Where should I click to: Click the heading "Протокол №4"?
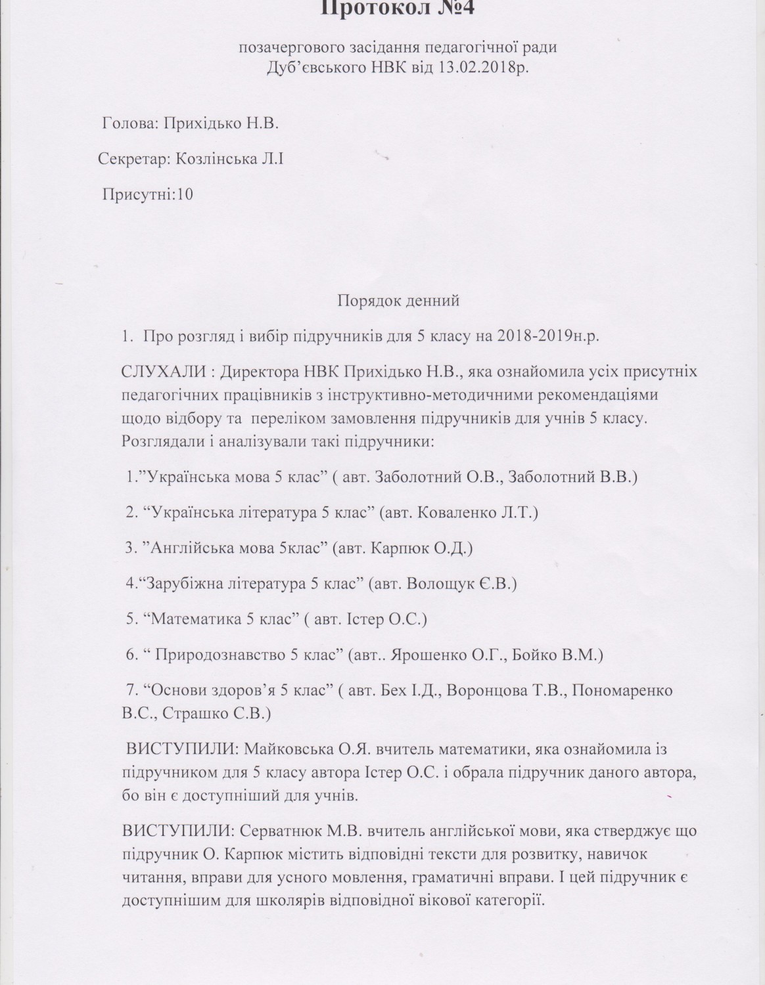point(382,9)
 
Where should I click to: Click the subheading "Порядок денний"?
point(398,301)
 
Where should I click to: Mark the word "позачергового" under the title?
point(286,47)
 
